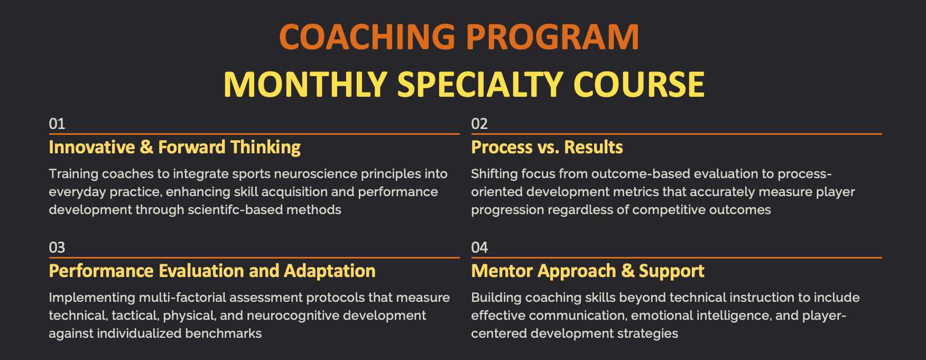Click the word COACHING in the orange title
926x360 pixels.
coord(367,37)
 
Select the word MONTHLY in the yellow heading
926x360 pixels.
coord(305,84)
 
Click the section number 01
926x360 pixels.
coord(57,124)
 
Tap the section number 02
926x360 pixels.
coord(479,124)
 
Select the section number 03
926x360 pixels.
coord(57,247)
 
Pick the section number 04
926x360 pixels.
coord(479,247)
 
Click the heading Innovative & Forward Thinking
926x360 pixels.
coord(174,147)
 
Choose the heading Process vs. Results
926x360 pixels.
coord(547,147)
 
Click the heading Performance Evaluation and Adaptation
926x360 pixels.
coord(212,271)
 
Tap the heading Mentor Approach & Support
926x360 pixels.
coord(588,271)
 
